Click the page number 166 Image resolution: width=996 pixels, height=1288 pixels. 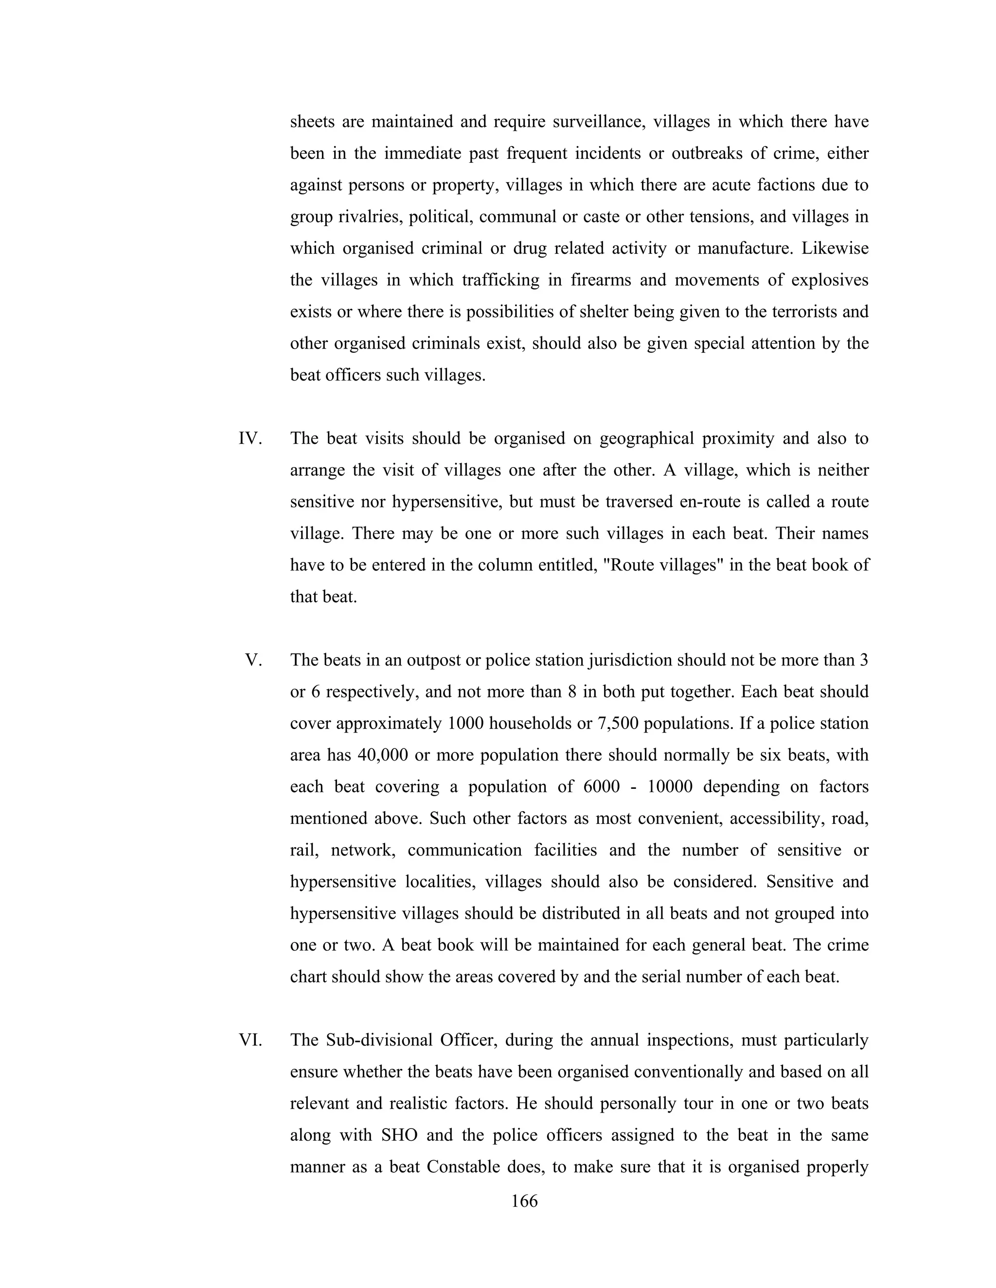click(525, 1201)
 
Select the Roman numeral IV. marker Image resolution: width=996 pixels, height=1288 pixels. click(250, 439)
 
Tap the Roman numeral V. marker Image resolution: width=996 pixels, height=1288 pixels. click(254, 660)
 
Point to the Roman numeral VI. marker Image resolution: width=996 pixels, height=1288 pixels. click(250, 1040)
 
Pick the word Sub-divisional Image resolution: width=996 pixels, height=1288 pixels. click(379, 1040)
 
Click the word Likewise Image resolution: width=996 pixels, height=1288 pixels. click(835, 248)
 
